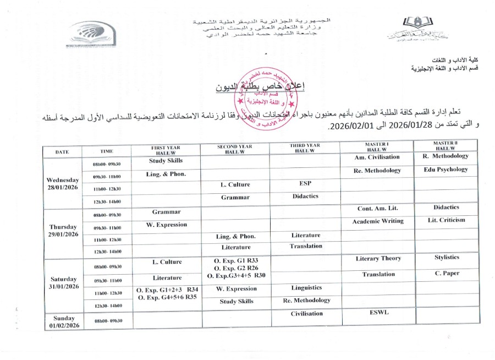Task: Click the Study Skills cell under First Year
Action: [x=166, y=161]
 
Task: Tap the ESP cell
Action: [x=306, y=184]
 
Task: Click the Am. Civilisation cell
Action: [x=378, y=156]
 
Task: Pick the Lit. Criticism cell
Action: [x=446, y=220]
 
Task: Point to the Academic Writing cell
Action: [x=378, y=221]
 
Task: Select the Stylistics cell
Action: [x=446, y=257]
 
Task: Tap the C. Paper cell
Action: [x=446, y=274]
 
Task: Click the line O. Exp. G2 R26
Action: [x=236, y=268]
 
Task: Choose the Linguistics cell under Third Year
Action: [x=306, y=288]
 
